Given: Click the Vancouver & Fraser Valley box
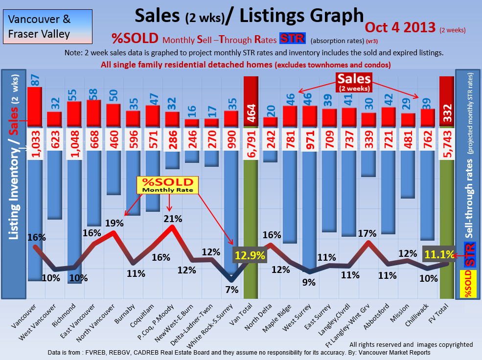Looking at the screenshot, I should [40, 27].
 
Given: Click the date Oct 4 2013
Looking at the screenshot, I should [401, 27].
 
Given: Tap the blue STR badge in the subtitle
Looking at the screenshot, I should [292, 39].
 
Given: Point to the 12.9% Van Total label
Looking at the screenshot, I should [250, 255].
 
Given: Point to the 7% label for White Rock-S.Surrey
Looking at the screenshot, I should [232, 290].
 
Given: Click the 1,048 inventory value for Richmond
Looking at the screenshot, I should [75, 145].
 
